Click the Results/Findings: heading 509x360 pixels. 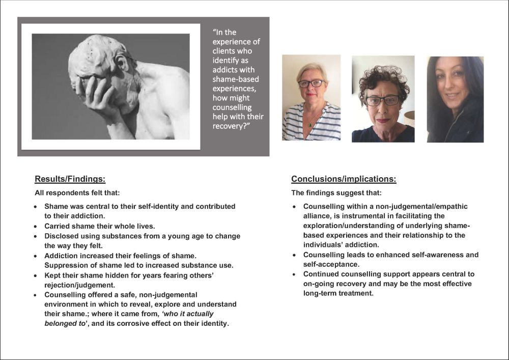70,179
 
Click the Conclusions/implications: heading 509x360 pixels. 344,179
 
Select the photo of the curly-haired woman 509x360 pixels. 383,99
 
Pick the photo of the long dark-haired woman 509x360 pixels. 455,99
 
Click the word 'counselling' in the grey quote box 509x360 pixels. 232,107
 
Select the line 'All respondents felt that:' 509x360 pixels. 77,193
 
